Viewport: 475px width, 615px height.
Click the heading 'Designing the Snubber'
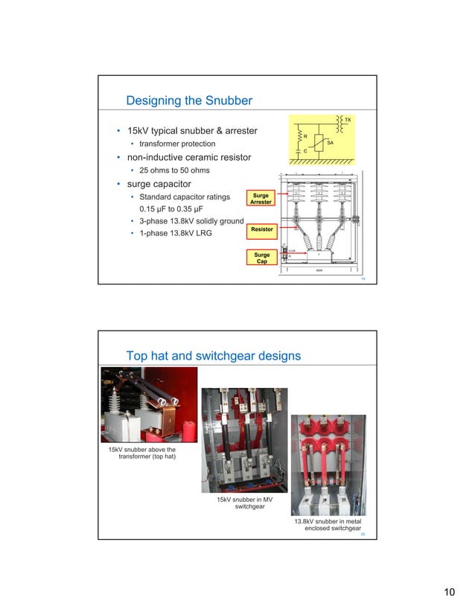coord(189,101)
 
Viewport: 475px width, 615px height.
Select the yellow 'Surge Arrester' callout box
coord(261,199)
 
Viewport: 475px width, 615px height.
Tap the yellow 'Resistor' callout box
coord(261,229)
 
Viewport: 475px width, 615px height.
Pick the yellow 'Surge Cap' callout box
coord(261,258)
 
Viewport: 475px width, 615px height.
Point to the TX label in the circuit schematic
coord(347,119)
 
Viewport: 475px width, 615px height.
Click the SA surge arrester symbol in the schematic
coord(319,142)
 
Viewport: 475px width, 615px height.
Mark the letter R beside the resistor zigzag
coord(305,136)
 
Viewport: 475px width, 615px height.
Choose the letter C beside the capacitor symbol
coord(305,151)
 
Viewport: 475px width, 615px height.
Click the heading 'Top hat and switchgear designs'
coord(214,356)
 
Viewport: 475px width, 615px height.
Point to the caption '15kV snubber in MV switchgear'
coord(245,503)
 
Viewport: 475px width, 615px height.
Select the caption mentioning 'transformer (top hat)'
coord(142,453)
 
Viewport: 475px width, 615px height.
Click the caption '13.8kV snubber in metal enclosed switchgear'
coord(328,525)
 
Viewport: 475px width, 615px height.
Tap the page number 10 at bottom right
coord(449,592)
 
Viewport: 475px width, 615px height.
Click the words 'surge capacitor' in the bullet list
coord(159,184)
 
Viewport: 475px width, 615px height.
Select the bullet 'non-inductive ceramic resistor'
coord(188,157)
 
